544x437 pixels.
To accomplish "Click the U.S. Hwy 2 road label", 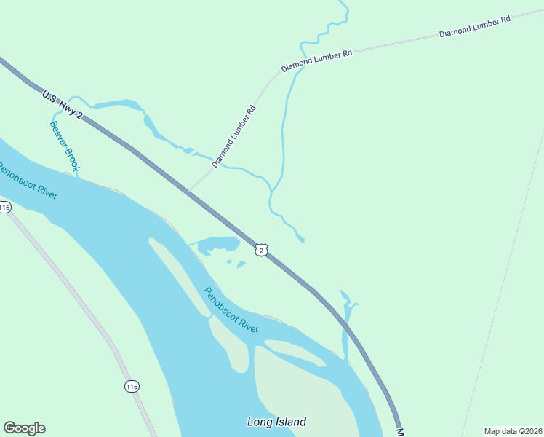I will pyautogui.click(x=63, y=105).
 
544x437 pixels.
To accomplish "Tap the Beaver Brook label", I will pyautogui.click(x=63, y=146).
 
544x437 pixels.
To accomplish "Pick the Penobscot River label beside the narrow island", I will pyautogui.click(x=231, y=310).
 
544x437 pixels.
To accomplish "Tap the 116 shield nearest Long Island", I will pyautogui.click(x=131, y=385).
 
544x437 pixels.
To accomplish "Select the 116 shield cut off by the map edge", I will pyautogui.click(x=4, y=208).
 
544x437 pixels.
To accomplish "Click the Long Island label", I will pyautogui.click(x=276, y=422).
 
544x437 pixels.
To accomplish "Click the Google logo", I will pyautogui.click(x=24, y=428).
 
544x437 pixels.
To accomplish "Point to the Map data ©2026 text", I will pyautogui.click(x=513, y=431).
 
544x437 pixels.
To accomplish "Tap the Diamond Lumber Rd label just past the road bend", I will pyautogui.click(x=316, y=60).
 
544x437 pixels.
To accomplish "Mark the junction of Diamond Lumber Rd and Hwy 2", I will pyautogui.click(x=188, y=192).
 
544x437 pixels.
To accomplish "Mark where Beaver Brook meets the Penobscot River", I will pyautogui.click(x=76, y=174).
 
